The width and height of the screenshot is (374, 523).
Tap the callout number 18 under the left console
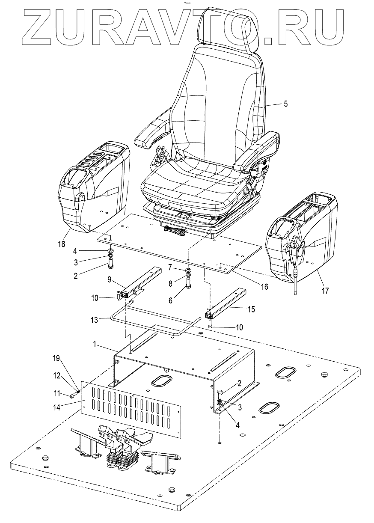(x=62, y=244)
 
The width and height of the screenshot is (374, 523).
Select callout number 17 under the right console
(x=326, y=291)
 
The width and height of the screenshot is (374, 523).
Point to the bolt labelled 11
(x=73, y=395)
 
